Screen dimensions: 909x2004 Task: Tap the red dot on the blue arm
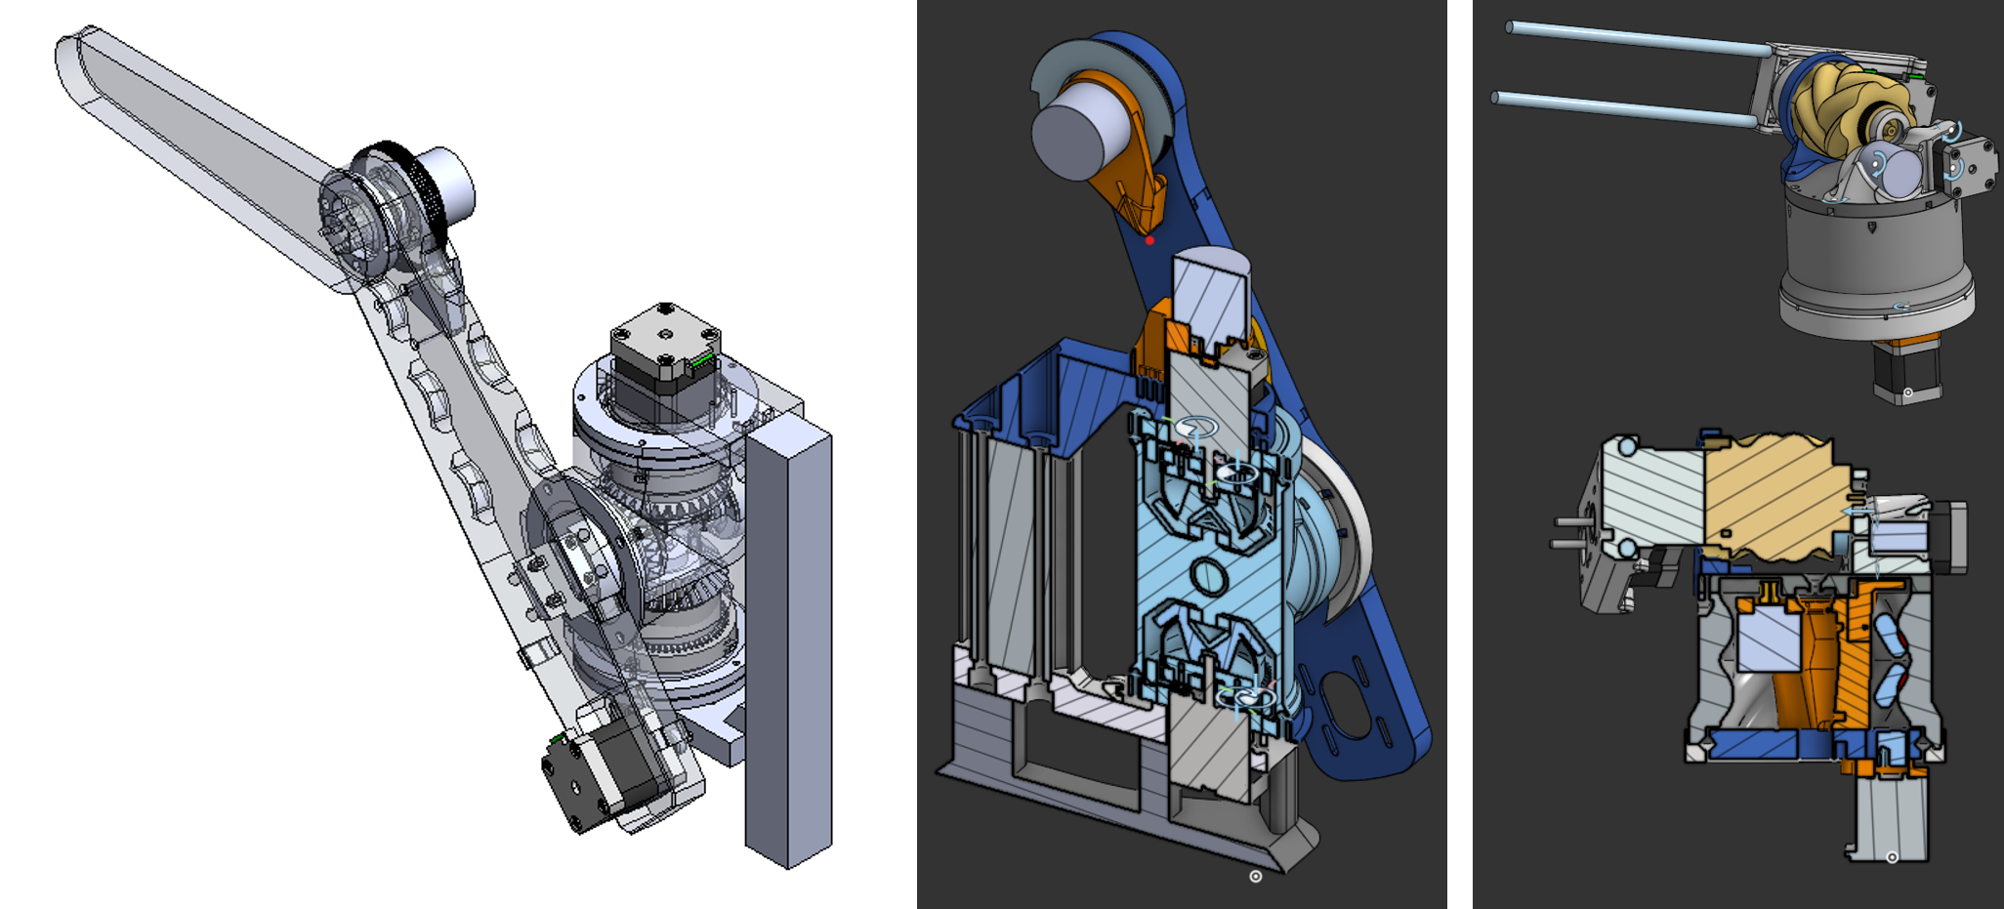(1149, 240)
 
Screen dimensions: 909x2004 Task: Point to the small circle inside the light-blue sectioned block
(1209, 576)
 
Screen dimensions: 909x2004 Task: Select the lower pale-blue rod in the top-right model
(1621, 108)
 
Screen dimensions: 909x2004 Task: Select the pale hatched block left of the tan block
(1655, 498)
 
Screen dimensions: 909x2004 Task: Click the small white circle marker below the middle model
(1256, 876)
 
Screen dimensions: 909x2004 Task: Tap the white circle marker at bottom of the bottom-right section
(1892, 857)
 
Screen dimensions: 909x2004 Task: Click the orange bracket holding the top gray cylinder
(1129, 186)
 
